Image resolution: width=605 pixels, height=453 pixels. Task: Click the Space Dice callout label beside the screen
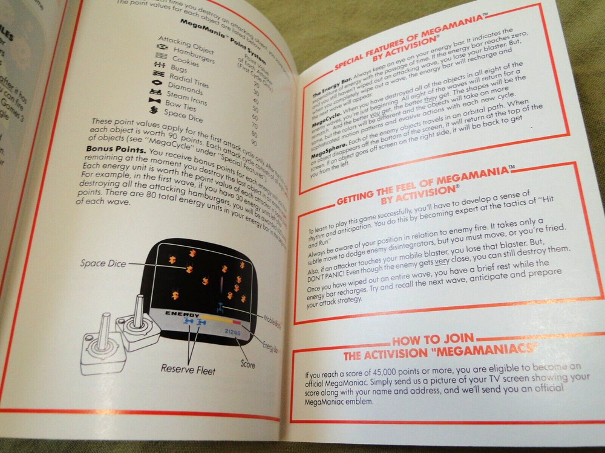pos(100,263)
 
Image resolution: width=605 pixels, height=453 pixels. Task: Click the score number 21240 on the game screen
pos(232,332)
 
